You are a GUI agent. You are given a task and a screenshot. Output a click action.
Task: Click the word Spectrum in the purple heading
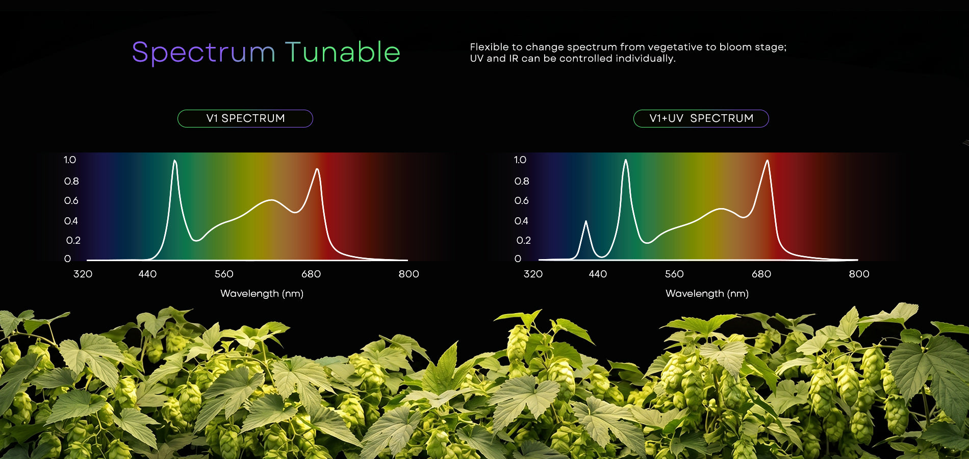click(203, 53)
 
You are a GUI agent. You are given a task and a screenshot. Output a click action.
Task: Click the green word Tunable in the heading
click(343, 52)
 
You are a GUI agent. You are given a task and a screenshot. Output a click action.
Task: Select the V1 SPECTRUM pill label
click(245, 118)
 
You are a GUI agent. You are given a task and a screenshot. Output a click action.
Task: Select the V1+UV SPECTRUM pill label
click(701, 118)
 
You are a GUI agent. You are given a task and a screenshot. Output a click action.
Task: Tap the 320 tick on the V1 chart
click(83, 274)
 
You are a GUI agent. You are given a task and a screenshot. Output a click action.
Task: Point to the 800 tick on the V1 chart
click(409, 274)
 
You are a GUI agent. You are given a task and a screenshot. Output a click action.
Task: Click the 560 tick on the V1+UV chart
click(674, 274)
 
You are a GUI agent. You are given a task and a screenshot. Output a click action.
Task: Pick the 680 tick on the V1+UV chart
click(761, 274)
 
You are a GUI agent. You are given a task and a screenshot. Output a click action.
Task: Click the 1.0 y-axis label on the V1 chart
click(70, 160)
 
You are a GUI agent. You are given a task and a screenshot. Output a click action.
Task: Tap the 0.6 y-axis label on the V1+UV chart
click(521, 200)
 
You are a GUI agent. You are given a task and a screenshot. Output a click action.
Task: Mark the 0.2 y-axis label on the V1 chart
click(73, 240)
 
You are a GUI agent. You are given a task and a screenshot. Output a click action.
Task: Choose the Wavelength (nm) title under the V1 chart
click(262, 294)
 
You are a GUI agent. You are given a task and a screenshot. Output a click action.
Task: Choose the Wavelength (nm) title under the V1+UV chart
click(707, 294)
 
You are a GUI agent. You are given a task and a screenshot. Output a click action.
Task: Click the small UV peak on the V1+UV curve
click(586, 221)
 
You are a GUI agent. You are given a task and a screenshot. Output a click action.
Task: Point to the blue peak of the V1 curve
click(175, 161)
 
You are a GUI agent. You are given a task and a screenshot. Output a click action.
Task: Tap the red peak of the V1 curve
click(317, 169)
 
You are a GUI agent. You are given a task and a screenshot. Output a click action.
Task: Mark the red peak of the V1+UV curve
click(767, 161)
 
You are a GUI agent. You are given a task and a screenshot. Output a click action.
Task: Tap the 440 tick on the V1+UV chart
click(598, 274)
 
